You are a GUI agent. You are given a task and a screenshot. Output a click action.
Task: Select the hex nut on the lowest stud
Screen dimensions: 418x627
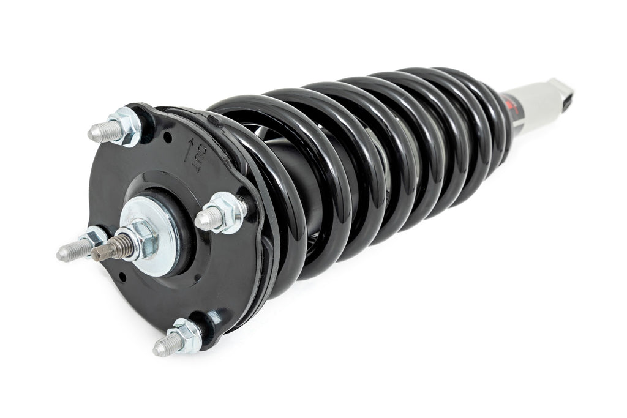[x=186, y=335]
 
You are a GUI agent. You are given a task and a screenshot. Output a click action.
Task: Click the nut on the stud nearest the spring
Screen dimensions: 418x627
[x=228, y=211]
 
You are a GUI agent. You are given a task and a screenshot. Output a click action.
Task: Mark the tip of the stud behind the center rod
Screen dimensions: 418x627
[x=66, y=251]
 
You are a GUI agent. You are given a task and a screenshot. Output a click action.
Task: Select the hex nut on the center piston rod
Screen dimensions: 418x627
[x=139, y=236]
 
